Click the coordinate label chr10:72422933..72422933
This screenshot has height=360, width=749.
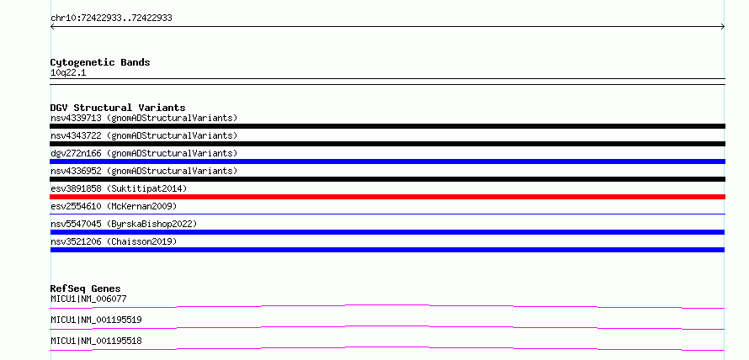coord(111,19)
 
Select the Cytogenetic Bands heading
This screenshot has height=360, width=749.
coord(100,62)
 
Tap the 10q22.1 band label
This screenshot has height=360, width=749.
coord(68,73)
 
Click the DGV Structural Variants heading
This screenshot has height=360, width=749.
coord(118,108)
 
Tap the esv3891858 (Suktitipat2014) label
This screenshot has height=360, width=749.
coord(119,188)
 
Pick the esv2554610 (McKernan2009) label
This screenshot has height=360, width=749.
coord(114,206)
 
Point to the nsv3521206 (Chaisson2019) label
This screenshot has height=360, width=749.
coord(114,241)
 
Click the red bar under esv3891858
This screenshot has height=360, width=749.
coord(387,197)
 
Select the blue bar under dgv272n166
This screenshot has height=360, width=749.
coord(387,161)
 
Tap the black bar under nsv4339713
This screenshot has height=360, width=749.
coord(387,126)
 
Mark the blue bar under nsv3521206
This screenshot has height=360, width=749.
coord(387,250)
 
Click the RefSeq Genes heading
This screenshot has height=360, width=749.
coord(86,289)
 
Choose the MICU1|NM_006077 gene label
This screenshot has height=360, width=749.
coord(88,299)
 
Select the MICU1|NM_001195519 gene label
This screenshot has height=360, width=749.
coord(96,320)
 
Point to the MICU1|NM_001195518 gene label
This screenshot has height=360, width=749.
coord(96,341)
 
